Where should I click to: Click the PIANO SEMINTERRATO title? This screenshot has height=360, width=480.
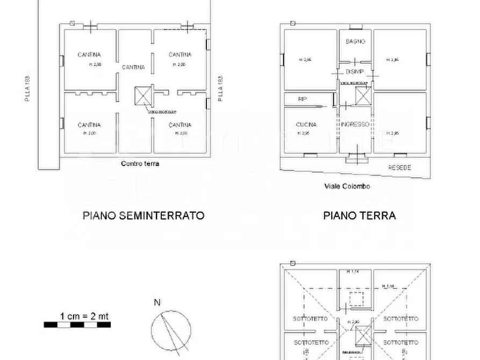[144, 215]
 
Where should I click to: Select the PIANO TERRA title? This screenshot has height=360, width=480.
[359, 215]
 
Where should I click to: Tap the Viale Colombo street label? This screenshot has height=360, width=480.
[347, 186]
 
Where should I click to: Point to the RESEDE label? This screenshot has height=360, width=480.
[399, 168]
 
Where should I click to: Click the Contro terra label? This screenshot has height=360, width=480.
[140, 164]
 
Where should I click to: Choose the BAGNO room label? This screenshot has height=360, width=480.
[355, 41]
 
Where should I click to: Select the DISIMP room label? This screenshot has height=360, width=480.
[355, 71]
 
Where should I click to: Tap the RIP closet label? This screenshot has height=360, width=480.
[302, 99]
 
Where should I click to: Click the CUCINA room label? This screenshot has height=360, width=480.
[306, 125]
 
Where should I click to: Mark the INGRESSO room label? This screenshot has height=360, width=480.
[355, 124]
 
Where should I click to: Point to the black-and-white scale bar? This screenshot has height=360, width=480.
[76, 325]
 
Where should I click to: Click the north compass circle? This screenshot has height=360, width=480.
[171, 328]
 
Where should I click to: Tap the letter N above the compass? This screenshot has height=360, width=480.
[157, 303]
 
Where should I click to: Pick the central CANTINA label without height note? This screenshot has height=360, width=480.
[133, 67]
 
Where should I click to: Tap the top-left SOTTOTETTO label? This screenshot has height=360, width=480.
[310, 319]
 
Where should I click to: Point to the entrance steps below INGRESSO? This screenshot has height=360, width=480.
[354, 159]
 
